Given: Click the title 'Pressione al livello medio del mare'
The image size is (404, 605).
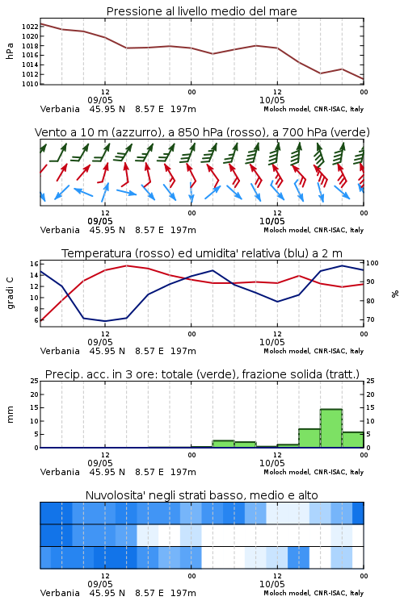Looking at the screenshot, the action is tap(201, 11).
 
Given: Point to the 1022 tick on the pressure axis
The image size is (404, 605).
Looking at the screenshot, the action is tap(30, 27).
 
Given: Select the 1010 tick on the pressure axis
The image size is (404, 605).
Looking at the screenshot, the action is tap(30, 84).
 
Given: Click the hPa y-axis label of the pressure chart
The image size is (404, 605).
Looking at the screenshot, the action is tap(10, 51).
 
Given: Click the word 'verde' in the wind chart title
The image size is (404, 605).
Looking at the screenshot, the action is tap(352, 132).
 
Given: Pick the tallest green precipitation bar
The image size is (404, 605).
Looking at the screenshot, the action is tap(331, 428).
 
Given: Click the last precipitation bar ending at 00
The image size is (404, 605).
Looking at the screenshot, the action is tap(353, 440).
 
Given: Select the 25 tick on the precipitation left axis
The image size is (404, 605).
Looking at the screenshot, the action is tap(35, 381).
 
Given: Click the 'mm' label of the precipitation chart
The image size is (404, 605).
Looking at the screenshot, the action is tap(10, 415).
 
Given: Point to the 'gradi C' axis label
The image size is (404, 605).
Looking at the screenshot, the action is tap(10, 294).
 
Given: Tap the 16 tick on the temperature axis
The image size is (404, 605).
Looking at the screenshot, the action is tap(34, 264).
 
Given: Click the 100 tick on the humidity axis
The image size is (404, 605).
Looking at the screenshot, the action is tap(372, 263).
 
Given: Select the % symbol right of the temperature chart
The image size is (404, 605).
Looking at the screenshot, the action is tap(395, 294).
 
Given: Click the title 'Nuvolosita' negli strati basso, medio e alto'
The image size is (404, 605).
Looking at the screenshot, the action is tap(201, 495).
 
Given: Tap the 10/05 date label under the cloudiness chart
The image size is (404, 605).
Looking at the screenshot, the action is tap(271, 584).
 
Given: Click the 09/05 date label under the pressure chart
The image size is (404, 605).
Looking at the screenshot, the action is tap(100, 100).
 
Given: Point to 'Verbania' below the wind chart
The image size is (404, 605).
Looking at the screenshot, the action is tap(60, 230).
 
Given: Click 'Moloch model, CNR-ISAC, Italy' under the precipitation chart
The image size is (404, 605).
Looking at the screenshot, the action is tap(314, 472).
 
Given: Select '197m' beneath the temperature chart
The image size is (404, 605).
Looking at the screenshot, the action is tap(183, 351).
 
